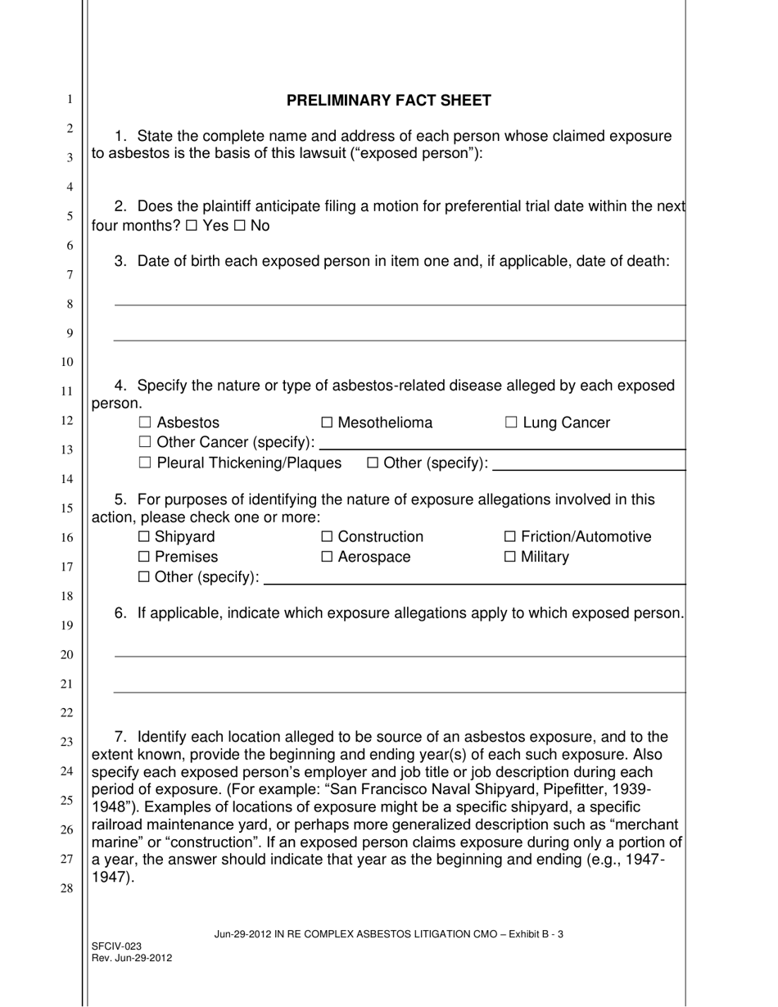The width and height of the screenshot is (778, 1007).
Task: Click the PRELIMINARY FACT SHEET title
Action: tap(388, 101)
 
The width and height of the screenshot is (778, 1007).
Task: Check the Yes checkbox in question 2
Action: tap(191, 226)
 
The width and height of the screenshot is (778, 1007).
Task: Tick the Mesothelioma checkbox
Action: tap(328, 423)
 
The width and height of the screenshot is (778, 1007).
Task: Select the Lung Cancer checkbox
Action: tap(512, 423)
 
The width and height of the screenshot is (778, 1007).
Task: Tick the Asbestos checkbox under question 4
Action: tap(146, 423)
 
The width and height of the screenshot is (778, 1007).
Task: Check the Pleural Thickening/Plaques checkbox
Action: tap(146, 463)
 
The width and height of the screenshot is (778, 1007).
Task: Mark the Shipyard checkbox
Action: tap(145, 537)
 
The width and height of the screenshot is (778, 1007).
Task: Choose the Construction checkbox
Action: tap(328, 537)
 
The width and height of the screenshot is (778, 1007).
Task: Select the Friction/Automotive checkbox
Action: tap(511, 537)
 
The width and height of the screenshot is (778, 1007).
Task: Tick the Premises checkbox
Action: tap(145, 558)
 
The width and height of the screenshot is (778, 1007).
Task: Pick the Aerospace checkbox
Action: tap(328, 558)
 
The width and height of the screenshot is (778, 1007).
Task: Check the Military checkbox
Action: tap(511, 558)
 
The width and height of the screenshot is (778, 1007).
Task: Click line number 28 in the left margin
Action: tap(70, 888)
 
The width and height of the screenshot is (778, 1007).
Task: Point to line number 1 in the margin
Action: tap(70, 99)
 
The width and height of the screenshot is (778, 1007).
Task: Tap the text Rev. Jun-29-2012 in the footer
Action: tap(132, 957)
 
